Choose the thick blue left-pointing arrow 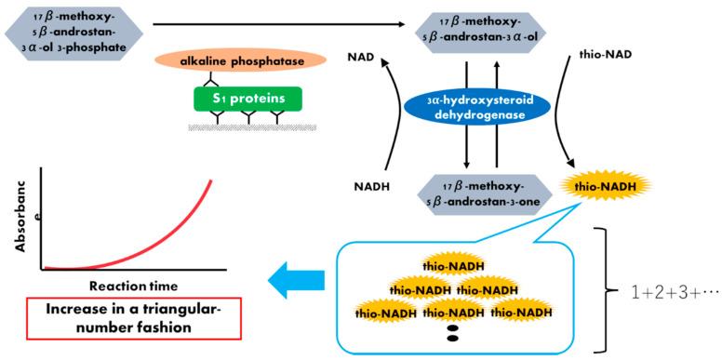click(295, 273)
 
